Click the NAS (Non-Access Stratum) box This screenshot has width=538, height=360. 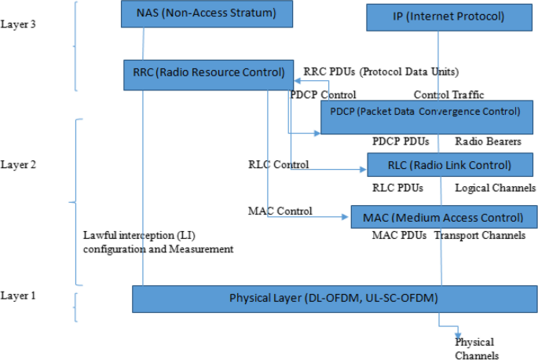point(206,13)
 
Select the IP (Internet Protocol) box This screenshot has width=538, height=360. point(437,17)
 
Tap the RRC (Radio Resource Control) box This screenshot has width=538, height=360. point(208,73)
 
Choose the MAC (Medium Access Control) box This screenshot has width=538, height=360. point(437,217)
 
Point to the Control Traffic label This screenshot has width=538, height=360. point(448,95)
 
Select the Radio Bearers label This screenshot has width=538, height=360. point(488,141)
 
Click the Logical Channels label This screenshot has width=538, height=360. point(495,189)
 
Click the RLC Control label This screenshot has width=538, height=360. point(278,164)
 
